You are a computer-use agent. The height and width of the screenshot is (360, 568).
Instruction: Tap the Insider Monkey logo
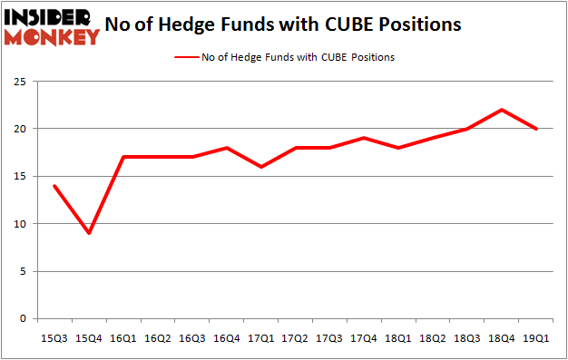click(52, 26)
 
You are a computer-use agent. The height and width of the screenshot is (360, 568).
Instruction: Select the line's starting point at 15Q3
click(55, 186)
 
